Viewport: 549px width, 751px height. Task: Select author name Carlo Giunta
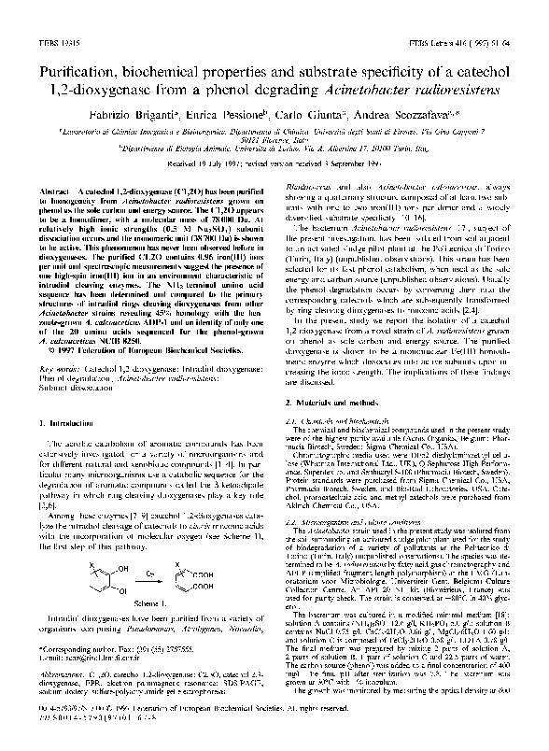312,99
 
